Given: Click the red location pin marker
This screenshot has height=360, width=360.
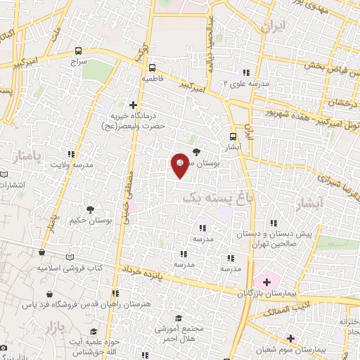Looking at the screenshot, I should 180,165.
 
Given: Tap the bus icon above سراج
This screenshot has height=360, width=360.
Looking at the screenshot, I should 78,51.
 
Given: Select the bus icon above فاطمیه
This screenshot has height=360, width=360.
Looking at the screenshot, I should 153,68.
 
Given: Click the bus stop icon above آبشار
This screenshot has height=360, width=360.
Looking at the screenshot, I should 233,138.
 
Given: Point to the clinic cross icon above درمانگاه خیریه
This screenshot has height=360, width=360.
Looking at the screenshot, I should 134,104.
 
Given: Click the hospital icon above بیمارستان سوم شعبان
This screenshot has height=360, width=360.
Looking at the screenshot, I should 290,319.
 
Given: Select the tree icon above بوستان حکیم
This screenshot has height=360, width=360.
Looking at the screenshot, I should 90,210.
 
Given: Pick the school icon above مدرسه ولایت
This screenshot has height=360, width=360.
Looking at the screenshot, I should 70,154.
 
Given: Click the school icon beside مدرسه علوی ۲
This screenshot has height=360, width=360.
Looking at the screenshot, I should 245,72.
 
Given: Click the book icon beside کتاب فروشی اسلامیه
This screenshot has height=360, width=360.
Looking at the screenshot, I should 68,257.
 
